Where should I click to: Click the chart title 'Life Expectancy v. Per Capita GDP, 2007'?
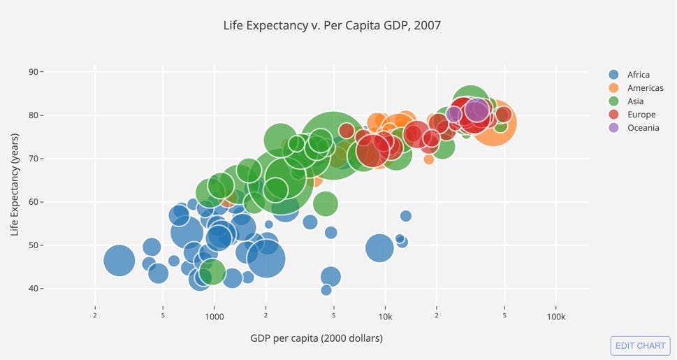coord(332,26)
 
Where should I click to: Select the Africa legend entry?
coord(638,75)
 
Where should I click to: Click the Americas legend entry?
coord(645,88)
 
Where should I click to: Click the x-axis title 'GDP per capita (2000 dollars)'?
coord(316,338)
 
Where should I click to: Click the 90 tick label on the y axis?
coord(34,72)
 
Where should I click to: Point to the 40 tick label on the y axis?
coord(34,289)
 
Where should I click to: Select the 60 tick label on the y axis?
coord(34,202)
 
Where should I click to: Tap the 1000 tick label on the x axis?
coord(214,317)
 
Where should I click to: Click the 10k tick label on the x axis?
coord(385,317)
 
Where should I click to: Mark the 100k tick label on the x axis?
coord(555,317)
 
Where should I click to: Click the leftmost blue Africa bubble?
coord(119,261)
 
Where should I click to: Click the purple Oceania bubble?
coord(478,110)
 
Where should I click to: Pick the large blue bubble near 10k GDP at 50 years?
coord(379,247)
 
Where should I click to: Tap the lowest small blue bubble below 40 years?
coord(326,290)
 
